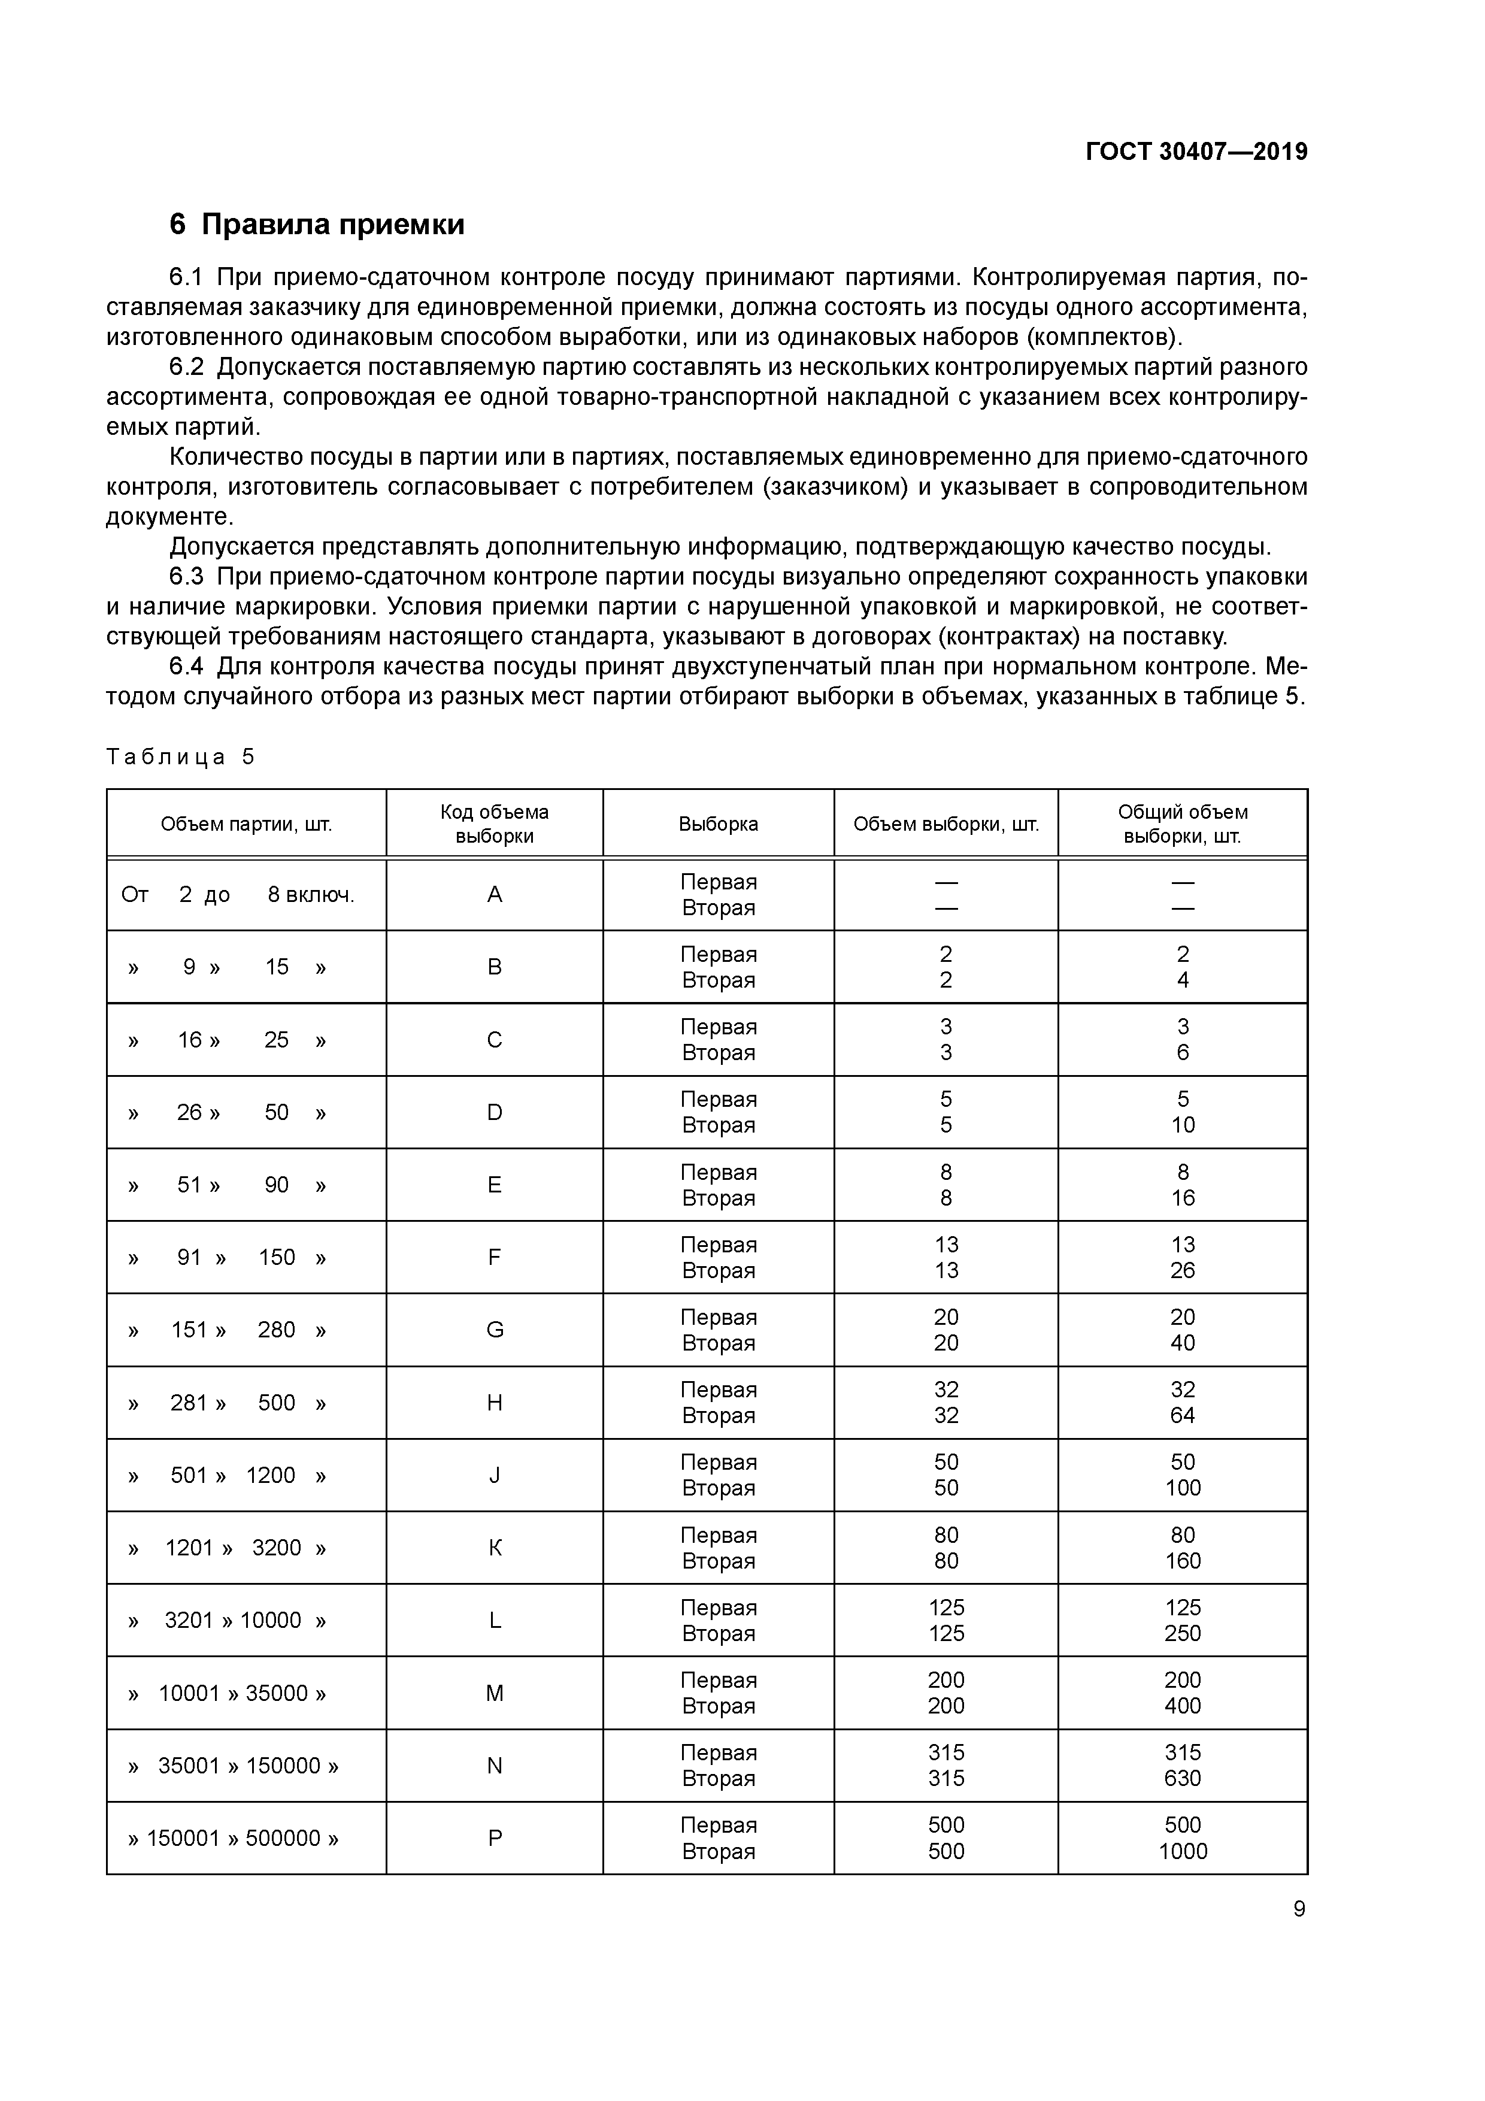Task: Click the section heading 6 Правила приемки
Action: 317,224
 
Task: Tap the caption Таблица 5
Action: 180,757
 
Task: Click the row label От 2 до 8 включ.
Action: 237,894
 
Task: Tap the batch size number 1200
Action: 270,1475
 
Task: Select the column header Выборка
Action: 719,824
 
